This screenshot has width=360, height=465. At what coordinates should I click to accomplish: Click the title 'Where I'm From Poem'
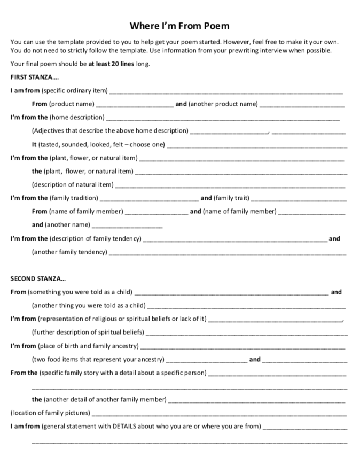(179, 26)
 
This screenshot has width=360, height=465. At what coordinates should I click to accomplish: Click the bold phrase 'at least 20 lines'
(112, 64)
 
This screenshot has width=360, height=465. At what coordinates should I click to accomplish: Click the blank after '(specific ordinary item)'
(226, 92)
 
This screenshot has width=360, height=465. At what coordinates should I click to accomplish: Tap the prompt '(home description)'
(77, 118)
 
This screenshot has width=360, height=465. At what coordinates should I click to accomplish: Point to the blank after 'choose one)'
(257, 146)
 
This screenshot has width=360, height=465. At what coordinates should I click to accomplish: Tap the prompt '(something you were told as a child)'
(80, 292)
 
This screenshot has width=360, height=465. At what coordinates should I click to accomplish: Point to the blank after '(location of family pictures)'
(219, 414)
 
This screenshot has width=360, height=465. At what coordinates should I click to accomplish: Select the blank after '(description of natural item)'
(230, 186)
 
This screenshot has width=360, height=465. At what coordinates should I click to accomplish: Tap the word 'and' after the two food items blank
(255, 359)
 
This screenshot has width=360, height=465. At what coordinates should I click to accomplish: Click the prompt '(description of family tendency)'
(96, 238)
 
